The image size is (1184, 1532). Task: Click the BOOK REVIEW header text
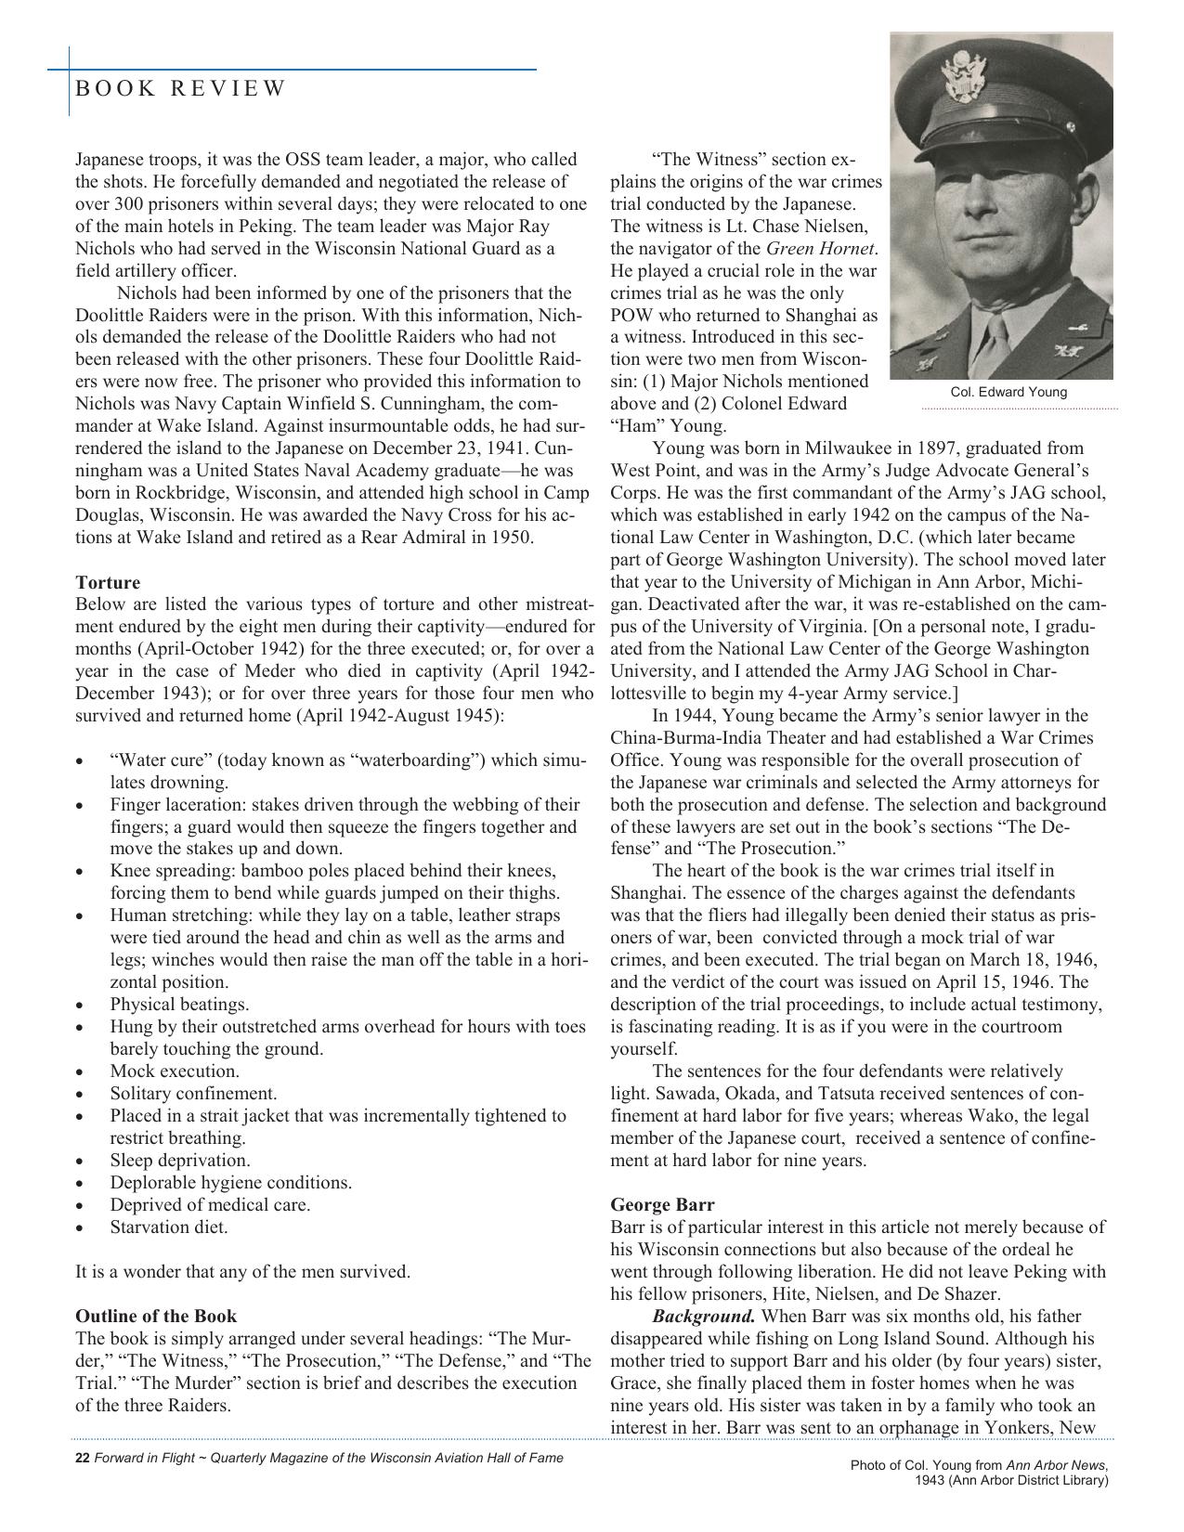coord(180,88)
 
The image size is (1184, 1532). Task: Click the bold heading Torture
coord(108,582)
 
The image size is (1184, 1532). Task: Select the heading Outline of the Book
coord(156,1316)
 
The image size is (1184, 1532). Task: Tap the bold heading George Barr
coord(662,1204)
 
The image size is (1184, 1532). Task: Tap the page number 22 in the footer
coord(82,1458)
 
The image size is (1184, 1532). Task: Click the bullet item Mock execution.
coord(175,1071)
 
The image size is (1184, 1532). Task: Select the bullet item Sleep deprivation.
coord(180,1160)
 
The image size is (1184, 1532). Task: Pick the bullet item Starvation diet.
coord(169,1227)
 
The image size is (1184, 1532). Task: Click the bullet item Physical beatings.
coord(179,1004)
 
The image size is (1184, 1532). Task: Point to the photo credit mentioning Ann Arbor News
coord(980,1473)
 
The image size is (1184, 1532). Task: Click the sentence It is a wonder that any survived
coord(242,1271)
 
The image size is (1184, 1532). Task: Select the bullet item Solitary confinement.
coord(193,1093)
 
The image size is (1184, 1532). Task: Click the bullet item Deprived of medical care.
coord(210,1204)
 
